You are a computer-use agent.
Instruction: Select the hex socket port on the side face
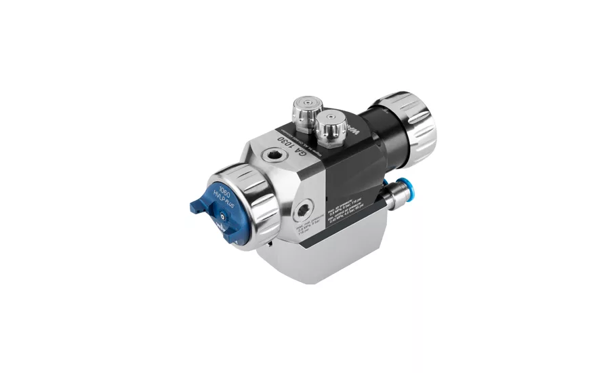point(304,207)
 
